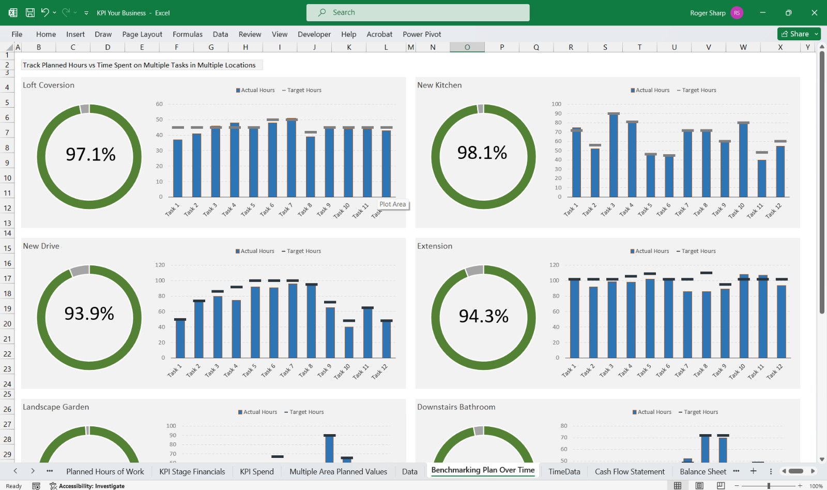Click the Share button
(x=795, y=34)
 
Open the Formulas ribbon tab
(x=188, y=34)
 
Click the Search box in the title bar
(x=418, y=12)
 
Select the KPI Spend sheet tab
(x=256, y=471)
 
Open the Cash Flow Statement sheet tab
(x=630, y=471)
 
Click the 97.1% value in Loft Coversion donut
(x=90, y=154)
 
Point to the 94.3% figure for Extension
(x=483, y=316)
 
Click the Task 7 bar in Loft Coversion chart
(x=292, y=158)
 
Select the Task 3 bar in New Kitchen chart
(x=613, y=155)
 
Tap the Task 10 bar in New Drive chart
(x=349, y=342)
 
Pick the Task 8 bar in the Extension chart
(x=706, y=324)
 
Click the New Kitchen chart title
(x=439, y=85)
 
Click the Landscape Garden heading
(x=56, y=407)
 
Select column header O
(x=467, y=47)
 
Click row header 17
(x=7, y=278)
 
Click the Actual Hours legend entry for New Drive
(x=255, y=251)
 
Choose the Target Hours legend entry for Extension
(x=696, y=251)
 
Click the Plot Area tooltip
(x=392, y=204)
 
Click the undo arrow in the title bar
(x=44, y=12)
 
